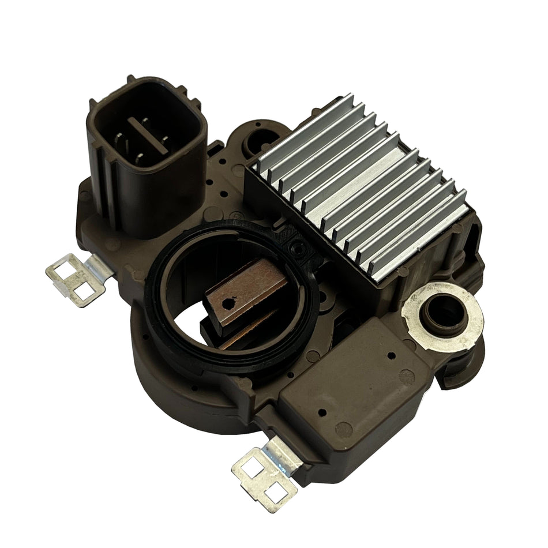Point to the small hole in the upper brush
pyautogui.click(x=232, y=300)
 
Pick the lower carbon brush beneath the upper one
pyautogui.click(x=242, y=335)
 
